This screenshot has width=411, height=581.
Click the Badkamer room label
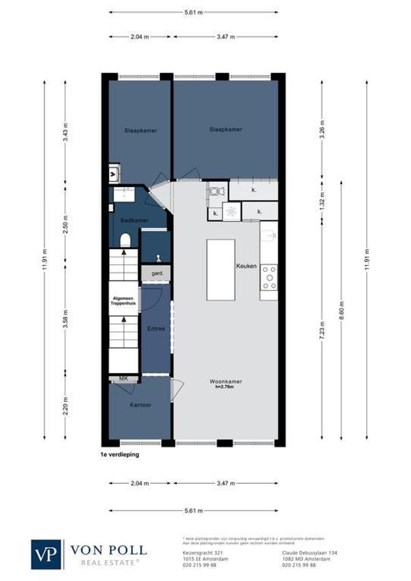pos(127,221)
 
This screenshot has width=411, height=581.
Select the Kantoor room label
pos(140,405)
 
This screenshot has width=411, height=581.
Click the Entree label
pos(156,328)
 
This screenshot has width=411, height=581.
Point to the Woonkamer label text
pos(225,381)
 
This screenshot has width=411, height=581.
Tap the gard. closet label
pos(157,274)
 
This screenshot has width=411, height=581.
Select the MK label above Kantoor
pos(123,379)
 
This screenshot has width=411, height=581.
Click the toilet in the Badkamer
pos(124,240)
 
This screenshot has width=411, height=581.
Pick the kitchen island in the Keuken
pos(221,270)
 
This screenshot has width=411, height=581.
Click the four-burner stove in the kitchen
pos(268,277)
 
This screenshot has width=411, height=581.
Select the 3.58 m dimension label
pos(65,318)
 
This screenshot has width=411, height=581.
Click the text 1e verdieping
pos(119,455)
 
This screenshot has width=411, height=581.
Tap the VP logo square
pos(47,554)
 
